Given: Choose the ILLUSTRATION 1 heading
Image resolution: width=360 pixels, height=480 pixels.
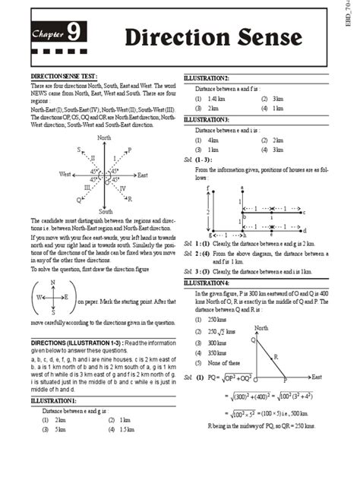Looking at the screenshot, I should pos(53,400).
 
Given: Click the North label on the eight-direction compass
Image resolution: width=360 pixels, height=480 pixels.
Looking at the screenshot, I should pos(105,137).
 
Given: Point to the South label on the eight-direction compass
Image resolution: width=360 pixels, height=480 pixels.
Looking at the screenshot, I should pos(106,211).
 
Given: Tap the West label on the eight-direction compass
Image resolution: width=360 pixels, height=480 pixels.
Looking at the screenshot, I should pos(66,175).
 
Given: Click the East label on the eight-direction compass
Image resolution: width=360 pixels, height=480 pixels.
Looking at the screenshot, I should pos(142,175).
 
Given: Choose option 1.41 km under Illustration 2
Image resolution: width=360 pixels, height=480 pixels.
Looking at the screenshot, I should pos(216,99).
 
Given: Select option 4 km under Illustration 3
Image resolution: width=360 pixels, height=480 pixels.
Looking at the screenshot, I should pos(213,140).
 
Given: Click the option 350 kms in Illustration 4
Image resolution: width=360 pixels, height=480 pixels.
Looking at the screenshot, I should pos(219,352).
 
